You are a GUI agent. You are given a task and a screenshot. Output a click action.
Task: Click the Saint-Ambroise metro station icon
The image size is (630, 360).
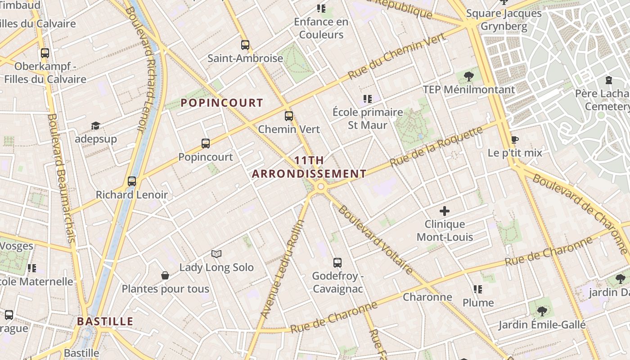[245, 45]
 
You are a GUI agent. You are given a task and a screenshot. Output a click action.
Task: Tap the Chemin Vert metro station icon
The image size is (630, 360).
[289, 116]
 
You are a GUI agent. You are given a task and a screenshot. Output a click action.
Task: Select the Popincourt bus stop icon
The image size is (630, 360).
[206, 144]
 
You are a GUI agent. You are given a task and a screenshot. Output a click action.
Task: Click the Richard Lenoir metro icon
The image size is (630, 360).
[132, 181]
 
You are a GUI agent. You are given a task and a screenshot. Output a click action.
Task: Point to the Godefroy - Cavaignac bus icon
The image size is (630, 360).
[337, 263]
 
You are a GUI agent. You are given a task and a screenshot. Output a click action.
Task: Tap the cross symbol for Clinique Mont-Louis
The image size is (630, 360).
[445, 211]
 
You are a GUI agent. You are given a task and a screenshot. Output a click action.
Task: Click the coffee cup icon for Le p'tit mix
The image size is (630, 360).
[514, 139]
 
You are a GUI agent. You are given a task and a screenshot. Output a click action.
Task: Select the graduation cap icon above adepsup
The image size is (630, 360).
[95, 126]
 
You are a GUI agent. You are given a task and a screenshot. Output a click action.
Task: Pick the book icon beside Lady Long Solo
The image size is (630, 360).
[216, 254]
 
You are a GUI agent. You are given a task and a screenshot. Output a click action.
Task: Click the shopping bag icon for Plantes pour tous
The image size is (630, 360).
[165, 275]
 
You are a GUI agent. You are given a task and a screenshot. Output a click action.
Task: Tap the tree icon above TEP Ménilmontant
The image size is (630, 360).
[469, 76]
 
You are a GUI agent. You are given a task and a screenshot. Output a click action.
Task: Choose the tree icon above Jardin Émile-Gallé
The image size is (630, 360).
[542, 311]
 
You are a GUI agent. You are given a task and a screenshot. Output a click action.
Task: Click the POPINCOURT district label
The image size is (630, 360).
[222, 103]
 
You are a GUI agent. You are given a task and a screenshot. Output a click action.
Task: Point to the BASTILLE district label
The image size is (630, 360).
[105, 321]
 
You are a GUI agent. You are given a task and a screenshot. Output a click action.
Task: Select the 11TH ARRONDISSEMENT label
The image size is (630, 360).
[309, 167]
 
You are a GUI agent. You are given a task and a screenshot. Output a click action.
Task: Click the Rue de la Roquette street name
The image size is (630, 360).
[436, 147]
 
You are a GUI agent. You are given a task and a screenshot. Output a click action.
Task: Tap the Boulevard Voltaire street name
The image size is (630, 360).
[375, 240]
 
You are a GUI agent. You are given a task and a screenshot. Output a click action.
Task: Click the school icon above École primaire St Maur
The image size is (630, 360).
[368, 99]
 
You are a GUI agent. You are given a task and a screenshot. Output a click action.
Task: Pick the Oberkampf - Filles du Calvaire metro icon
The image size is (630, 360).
[45, 53]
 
